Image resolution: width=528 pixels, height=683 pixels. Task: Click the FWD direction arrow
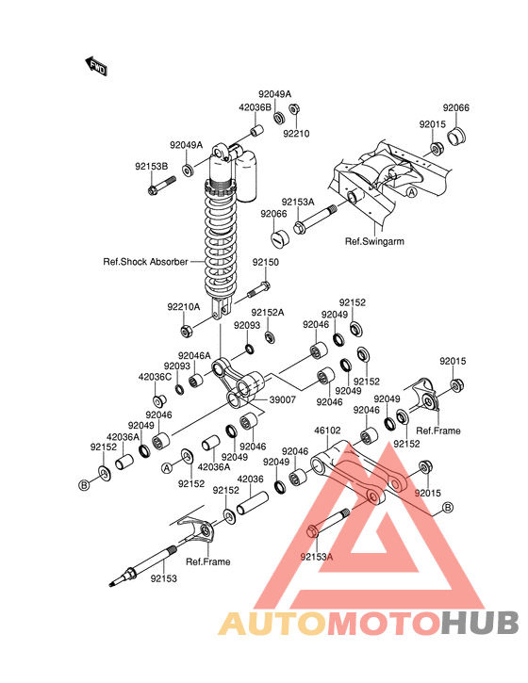coord(96,66)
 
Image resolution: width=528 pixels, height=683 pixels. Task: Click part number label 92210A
coord(184,307)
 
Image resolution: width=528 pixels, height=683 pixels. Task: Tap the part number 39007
coord(282,399)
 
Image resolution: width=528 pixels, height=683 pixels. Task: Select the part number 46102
coord(327,431)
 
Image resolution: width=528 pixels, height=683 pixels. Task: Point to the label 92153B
coord(151,167)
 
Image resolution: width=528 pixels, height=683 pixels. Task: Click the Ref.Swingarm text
coord(374,241)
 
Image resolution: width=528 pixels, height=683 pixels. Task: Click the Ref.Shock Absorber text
coord(145,262)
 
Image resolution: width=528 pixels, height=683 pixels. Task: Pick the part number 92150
coord(266,262)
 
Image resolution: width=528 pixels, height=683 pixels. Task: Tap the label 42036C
coord(155,377)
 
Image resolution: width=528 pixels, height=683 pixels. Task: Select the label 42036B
coord(255,107)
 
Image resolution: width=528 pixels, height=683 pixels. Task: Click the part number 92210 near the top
coord(296,134)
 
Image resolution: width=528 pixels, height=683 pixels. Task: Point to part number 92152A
coord(267,313)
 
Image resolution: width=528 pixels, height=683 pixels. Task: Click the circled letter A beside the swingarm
coord(412,192)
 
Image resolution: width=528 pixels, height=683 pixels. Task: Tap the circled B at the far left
coord(84,484)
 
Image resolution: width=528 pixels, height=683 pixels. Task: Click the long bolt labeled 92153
coord(142,566)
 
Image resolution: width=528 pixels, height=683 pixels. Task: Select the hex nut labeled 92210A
coord(187,332)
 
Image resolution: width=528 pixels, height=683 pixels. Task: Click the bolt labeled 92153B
coord(161,186)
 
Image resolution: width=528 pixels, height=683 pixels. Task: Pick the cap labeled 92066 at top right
coord(456,136)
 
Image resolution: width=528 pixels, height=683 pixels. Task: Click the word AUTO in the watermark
coord(272,624)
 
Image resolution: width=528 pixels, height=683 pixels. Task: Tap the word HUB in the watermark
coord(479,624)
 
